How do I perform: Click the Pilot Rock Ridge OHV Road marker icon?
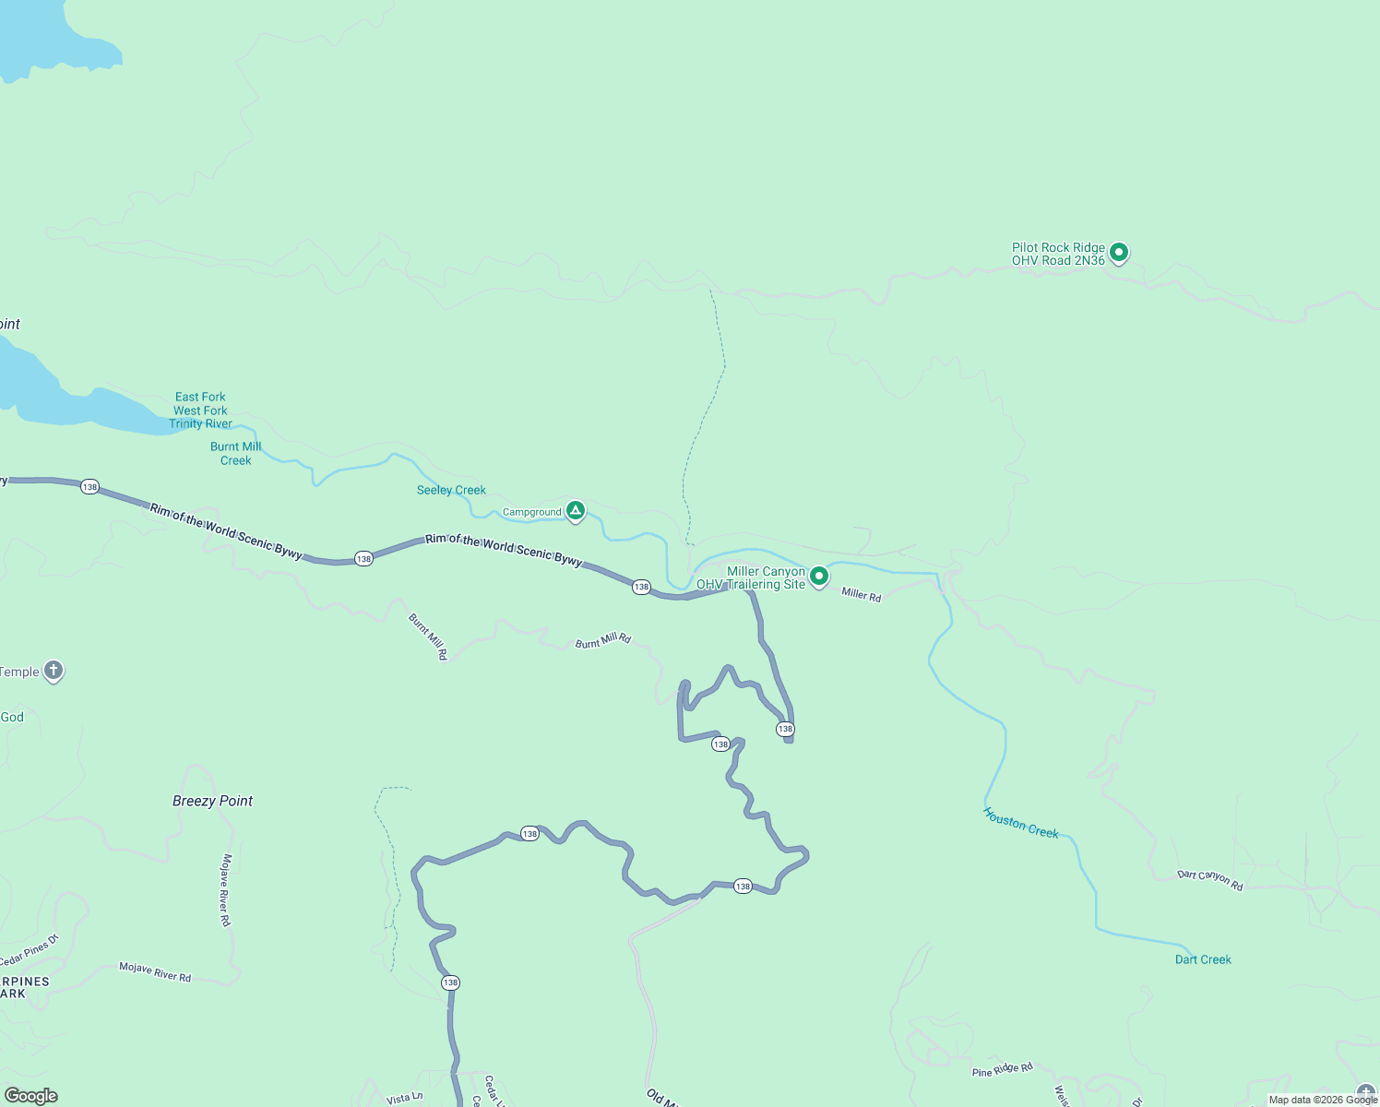click(x=1118, y=252)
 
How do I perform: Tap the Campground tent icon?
click(x=576, y=510)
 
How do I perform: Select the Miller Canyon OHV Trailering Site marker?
click(x=818, y=577)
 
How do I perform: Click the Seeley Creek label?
click(x=451, y=490)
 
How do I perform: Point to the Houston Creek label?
click(x=1020, y=823)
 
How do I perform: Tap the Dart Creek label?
click(x=1203, y=959)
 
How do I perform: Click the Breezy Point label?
click(x=212, y=801)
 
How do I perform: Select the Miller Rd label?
click(x=861, y=595)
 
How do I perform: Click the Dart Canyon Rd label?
click(x=1209, y=880)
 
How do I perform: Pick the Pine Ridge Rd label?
click(x=1002, y=1070)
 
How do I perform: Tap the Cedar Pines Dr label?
click(x=29, y=951)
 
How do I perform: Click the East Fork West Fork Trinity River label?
click(x=200, y=411)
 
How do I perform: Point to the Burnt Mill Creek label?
click(x=235, y=453)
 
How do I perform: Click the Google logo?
click(x=30, y=1096)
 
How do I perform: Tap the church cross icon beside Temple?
click(x=54, y=671)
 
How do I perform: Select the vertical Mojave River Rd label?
click(x=225, y=890)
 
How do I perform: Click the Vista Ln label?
click(x=404, y=1098)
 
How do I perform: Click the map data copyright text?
click(x=1323, y=1100)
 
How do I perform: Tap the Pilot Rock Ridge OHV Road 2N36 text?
click(x=1058, y=254)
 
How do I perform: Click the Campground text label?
click(x=531, y=512)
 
